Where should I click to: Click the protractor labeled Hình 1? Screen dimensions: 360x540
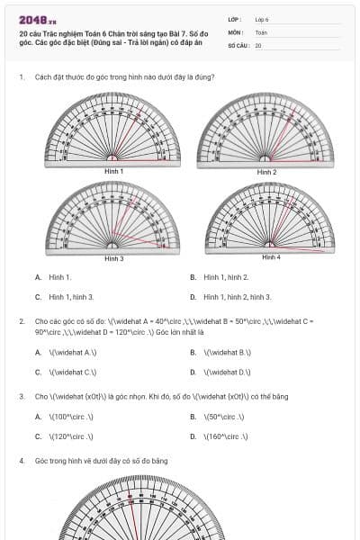112,130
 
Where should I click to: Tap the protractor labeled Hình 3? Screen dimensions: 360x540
112,217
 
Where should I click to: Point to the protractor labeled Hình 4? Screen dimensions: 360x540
270,219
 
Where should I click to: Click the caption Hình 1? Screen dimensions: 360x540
113,171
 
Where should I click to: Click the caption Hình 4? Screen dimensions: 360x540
271,257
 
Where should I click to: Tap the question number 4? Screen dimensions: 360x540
21,461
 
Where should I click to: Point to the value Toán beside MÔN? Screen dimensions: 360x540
261,31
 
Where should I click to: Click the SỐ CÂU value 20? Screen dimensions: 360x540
258,44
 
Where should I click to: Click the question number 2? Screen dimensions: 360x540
21,320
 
